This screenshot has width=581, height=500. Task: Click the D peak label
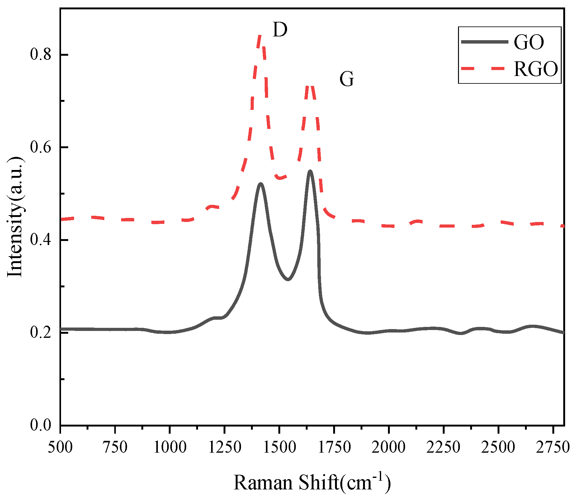280,30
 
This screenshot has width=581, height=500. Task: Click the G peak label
347,79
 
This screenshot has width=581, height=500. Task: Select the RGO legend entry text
536,69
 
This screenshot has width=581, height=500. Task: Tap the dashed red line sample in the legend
484,68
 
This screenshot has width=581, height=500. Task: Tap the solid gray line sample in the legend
484,42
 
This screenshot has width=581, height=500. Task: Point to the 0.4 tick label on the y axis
40,240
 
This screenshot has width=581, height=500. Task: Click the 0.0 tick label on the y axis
40,425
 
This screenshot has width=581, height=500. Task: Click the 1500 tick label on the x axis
279,447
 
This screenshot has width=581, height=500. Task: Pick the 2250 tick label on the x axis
443,447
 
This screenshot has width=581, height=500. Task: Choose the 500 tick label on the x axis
60,447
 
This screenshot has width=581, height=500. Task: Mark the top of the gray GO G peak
310,171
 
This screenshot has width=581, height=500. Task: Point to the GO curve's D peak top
260,183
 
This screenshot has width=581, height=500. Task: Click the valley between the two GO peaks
288,279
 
